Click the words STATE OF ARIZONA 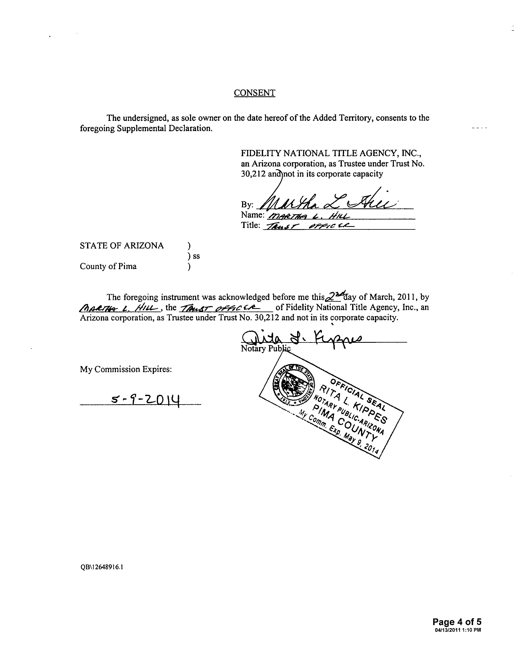click(122, 246)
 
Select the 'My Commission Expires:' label click(126, 369)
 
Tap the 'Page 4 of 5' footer click(457, 622)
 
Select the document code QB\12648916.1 click(101, 567)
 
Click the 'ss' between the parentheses click(196, 256)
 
